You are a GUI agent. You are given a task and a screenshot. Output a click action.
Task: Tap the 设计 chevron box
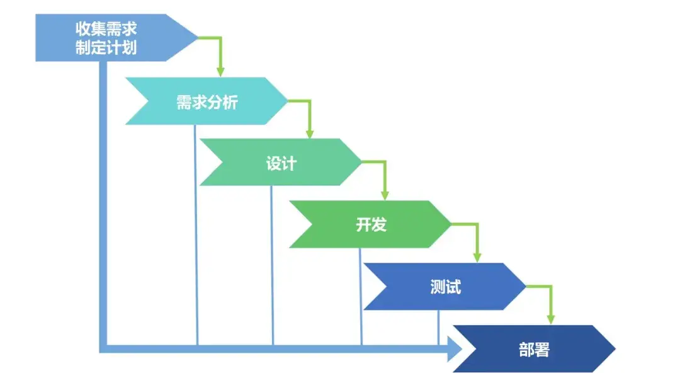coord(281,162)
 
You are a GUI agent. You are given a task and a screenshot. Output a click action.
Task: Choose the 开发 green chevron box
coord(371,224)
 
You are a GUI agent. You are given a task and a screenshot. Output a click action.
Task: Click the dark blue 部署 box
coord(535,348)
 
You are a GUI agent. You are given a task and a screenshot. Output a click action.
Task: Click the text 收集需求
coord(106,29)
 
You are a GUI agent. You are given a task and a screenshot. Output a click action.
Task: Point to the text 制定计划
coord(106,48)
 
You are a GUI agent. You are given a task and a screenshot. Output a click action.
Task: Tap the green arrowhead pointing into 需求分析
coord(220,70)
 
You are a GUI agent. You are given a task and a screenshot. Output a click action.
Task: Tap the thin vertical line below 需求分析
coord(196,233)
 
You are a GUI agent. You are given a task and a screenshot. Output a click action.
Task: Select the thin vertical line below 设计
coord(272,265)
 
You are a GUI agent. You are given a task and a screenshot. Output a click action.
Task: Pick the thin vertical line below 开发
coord(361,296)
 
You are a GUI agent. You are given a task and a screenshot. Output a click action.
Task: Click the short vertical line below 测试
coord(438,328)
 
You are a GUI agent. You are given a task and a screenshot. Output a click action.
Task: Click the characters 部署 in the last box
coord(535,350)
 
